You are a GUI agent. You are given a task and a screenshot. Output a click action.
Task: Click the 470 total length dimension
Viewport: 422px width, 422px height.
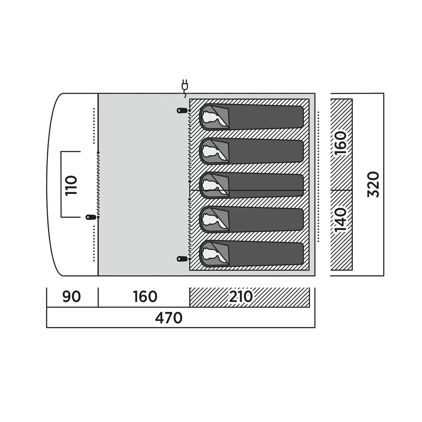pyautogui.click(x=169, y=318)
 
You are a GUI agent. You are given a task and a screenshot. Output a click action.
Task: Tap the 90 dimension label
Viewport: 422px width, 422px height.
pyautogui.click(x=71, y=297)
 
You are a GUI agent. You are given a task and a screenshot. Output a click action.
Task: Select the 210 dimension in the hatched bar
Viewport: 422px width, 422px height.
pyautogui.click(x=241, y=297)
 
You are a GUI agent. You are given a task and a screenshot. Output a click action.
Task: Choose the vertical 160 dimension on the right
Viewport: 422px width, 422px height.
pyautogui.click(x=340, y=143)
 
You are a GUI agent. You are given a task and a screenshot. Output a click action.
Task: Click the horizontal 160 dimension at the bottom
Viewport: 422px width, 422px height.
pyautogui.click(x=145, y=297)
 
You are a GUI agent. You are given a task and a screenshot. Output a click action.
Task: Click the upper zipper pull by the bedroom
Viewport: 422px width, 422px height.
pyautogui.click(x=182, y=111)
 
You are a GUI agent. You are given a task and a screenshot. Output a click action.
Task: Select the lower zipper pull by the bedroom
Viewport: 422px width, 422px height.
pyautogui.click(x=182, y=259)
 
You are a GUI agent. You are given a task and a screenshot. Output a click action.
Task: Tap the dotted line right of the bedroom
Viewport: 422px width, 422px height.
pyautogui.click(x=318, y=176)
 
